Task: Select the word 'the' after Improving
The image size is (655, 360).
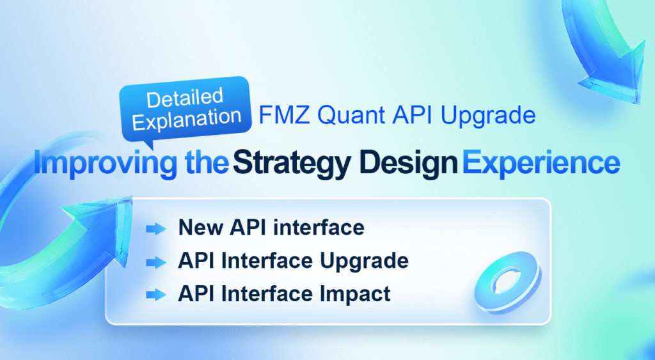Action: [203, 164]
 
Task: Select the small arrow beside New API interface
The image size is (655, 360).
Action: [155, 228]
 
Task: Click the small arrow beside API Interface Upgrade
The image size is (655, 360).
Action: [155, 262]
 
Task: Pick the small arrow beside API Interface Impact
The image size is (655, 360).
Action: [155, 295]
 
